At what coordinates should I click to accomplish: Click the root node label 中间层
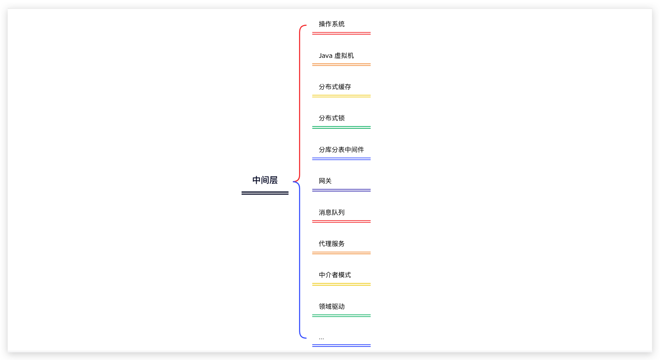coord(265,180)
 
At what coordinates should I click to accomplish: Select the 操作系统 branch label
coord(331,24)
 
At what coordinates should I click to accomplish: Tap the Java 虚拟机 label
coord(336,56)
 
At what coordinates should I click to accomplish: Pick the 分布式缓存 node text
coord(334,87)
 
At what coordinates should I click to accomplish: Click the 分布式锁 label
coord(331,118)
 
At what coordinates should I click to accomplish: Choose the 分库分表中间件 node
coord(341,150)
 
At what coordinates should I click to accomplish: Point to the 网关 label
coord(325,181)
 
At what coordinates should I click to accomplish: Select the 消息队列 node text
coord(331,212)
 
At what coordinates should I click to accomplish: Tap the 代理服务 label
coord(331,244)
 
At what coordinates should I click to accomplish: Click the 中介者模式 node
coord(334,275)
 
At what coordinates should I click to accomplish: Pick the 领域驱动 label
coord(331,306)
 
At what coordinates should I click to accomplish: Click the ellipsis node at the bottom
coord(321,338)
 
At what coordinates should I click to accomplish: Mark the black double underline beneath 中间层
coord(265,193)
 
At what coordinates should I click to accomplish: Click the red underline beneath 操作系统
coord(341,34)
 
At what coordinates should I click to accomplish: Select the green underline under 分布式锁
coord(341,127)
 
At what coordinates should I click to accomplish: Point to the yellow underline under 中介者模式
coord(341,284)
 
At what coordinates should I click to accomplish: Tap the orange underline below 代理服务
coord(341,253)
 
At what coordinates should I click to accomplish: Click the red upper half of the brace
coord(300,100)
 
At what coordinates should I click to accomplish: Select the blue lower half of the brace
coord(300,262)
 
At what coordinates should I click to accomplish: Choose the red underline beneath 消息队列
coord(341,221)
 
